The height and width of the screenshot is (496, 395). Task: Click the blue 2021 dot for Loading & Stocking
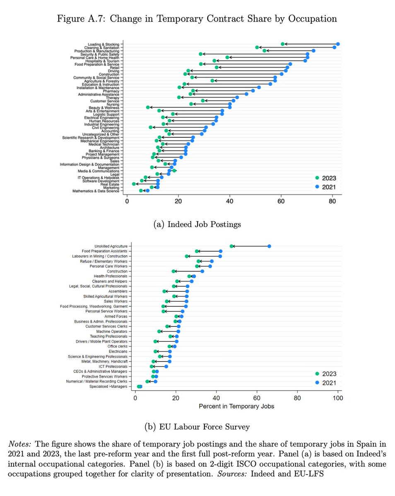coord(338,44)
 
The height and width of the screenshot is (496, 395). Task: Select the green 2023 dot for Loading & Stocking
coord(282,44)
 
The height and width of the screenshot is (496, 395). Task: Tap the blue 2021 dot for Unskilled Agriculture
coord(269,246)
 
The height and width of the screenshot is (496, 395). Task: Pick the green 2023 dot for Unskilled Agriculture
coord(231,246)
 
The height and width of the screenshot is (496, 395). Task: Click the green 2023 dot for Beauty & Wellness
coord(148,107)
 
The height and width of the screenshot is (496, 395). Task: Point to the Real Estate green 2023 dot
coord(134,184)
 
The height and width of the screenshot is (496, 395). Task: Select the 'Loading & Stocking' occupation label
coord(104,44)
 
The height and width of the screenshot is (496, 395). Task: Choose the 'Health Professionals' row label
coord(111,276)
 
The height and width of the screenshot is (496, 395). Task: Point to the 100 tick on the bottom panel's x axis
coord(338,398)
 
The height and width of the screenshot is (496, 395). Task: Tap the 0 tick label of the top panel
coord(127,201)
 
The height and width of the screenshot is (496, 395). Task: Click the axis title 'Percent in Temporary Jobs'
coord(236,406)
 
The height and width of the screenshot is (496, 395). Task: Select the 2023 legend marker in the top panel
coord(317,178)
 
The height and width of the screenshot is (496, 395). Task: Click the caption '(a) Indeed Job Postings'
coord(197,224)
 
